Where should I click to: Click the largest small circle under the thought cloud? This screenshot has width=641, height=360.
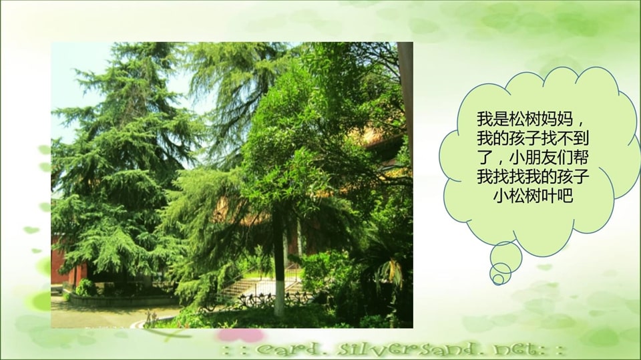pyautogui.click(x=505, y=256)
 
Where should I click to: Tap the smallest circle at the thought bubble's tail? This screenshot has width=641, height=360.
pyautogui.click(x=497, y=279)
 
